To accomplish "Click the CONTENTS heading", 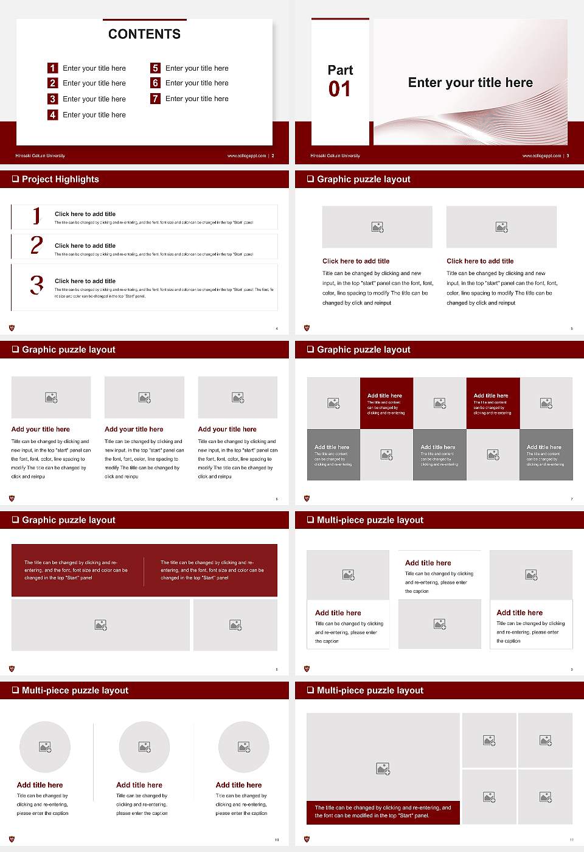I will point(144,34).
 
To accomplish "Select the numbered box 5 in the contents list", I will point(155,68).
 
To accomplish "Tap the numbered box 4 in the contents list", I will point(53,114).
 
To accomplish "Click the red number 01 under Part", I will point(339,89).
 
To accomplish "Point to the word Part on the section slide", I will point(340,70).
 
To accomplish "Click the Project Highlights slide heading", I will point(60,179).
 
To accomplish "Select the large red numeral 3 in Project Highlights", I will point(36,285).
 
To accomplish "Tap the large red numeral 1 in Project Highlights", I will point(36,216).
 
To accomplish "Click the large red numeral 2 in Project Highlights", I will point(36,245).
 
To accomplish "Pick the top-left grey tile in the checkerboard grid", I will point(333,403).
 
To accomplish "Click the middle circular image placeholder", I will point(144,747).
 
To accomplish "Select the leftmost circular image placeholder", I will point(45,747).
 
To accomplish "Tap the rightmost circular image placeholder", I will point(243,747).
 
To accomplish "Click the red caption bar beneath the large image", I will point(383,812).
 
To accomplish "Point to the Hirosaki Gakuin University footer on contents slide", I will point(40,156).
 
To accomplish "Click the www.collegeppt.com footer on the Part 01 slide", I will point(541,156).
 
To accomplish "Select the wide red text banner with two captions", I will point(144,570).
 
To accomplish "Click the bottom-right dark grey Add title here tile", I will point(546,455).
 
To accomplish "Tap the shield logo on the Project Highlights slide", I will point(12,328).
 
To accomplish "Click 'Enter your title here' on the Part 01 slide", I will point(470,83).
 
